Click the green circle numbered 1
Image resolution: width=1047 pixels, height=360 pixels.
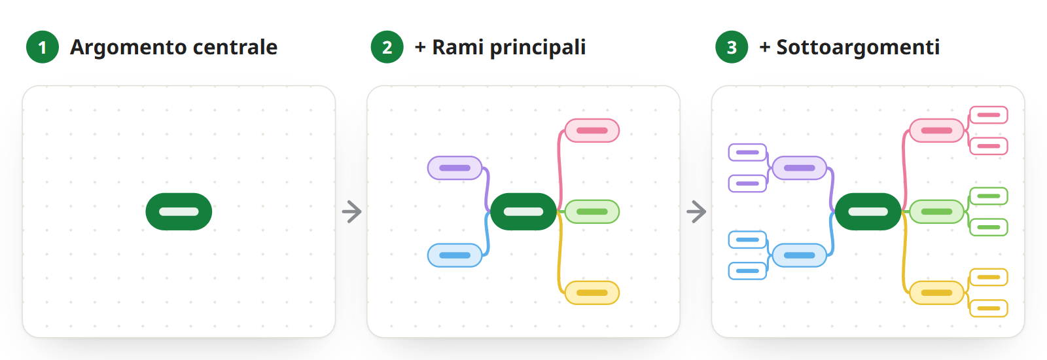(43, 47)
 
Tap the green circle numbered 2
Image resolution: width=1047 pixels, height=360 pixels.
(387, 47)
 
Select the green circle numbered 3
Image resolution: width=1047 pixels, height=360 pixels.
(732, 47)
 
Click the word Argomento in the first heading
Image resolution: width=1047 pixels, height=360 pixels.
(128, 48)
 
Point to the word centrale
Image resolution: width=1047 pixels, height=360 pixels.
(235, 47)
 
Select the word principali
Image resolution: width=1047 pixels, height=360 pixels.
(538, 48)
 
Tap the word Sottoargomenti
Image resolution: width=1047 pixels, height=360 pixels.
(858, 48)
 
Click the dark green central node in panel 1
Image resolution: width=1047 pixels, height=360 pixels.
(179, 211)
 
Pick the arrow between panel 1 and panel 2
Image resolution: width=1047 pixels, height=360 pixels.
(352, 212)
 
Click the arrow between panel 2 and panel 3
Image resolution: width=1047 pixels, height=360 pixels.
(696, 212)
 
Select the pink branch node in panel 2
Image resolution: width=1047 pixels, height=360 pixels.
(592, 130)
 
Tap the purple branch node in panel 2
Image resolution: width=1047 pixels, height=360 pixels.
(455, 168)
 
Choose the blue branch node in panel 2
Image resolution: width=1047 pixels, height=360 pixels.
(455, 255)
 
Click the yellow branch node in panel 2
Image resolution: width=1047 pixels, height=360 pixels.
(592, 293)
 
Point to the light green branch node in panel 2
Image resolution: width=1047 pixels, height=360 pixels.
(592, 211)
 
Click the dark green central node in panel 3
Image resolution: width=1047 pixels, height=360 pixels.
(868, 211)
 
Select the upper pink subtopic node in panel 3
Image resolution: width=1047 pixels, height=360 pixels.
(989, 115)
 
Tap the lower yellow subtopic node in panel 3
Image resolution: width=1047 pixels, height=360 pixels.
(989, 308)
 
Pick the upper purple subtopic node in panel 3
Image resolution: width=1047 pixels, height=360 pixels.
(747, 153)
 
